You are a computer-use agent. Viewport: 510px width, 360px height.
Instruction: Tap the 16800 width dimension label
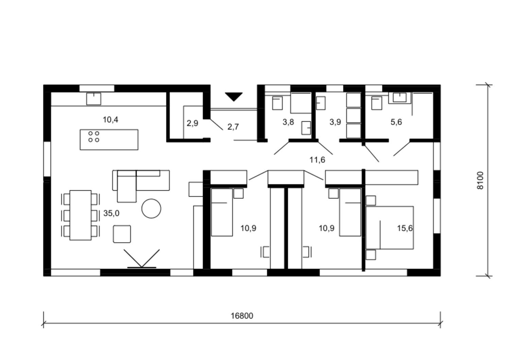tap(242, 316)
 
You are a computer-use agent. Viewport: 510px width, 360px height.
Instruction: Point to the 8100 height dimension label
tap(480, 181)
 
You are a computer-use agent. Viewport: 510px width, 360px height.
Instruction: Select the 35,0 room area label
tap(111, 213)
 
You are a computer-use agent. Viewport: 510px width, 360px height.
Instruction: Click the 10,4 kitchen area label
tap(111, 120)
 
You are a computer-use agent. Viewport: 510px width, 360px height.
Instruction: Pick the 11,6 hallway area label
tap(317, 160)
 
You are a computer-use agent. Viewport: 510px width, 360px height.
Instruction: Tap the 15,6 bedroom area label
tap(405, 228)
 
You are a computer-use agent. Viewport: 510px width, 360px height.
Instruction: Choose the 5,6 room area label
tap(396, 122)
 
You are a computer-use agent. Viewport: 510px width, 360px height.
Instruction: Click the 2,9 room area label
tap(192, 123)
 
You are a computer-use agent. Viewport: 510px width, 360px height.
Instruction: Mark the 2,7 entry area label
tap(233, 127)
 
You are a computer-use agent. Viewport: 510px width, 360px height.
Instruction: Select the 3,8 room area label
tap(288, 122)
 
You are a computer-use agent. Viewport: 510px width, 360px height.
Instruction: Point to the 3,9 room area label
tap(335, 122)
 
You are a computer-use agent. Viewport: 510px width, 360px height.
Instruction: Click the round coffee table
tap(151, 209)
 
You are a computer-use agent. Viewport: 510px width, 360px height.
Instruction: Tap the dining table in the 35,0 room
tap(81, 215)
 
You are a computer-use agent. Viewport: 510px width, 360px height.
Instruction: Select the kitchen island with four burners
tap(109, 140)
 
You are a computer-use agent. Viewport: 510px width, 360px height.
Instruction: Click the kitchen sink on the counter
tap(93, 99)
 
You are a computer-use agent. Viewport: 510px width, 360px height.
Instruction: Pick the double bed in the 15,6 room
tap(390, 228)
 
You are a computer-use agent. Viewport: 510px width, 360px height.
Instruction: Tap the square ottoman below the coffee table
tap(122, 234)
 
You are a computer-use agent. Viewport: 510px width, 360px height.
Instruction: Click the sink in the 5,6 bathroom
tap(400, 97)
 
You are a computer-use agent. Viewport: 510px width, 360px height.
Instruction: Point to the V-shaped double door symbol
tap(142, 258)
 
